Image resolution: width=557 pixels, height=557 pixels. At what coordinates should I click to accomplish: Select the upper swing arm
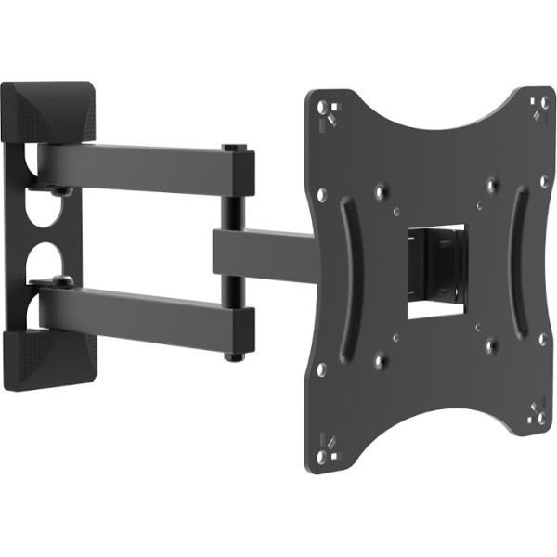tap(139, 167)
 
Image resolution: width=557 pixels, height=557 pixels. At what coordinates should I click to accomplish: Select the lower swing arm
tap(139, 316)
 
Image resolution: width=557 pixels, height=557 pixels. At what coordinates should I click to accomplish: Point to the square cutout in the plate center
tap(434, 270)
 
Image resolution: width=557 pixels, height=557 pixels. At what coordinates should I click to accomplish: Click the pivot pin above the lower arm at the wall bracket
tap(61, 278)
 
